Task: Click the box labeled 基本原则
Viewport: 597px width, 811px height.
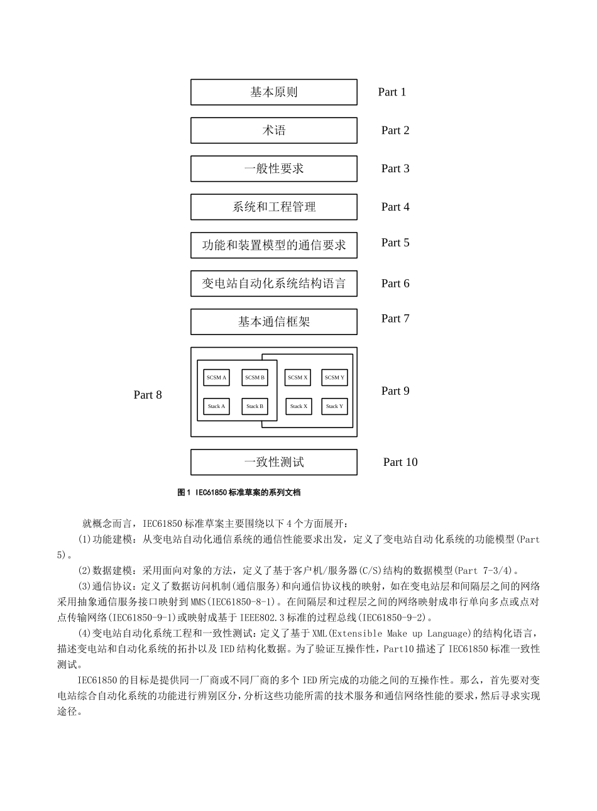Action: click(274, 92)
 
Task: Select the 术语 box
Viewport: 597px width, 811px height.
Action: click(274, 131)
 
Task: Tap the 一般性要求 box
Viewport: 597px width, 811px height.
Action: click(274, 169)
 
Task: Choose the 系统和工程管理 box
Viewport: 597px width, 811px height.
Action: click(274, 207)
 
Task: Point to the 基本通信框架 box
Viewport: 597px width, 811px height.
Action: click(274, 322)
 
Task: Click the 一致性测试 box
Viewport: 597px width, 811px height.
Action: click(274, 462)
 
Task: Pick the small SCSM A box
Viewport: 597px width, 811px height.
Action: click(216, 378)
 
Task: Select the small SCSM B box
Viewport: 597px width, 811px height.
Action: click(255, 378)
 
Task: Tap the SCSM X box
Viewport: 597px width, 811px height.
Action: click(297, 378)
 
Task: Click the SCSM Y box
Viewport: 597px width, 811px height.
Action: click(334, 378)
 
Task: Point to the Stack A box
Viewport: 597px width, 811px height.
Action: click(216, 407)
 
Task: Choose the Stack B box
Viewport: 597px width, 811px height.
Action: click(255, 407)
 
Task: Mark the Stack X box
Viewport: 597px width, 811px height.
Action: click(298, 407)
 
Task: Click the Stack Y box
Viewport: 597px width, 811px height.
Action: click(334, 407)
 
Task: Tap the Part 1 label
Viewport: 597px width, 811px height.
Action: click(392, 92)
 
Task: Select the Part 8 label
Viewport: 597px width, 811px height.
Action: click(148, 395)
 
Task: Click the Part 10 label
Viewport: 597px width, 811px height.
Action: click(400, 462)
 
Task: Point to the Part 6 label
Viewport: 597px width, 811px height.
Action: click(395, 284)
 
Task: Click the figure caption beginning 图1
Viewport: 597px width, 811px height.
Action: click(239, 493)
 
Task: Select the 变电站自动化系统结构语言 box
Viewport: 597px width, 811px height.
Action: click(274, 284)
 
